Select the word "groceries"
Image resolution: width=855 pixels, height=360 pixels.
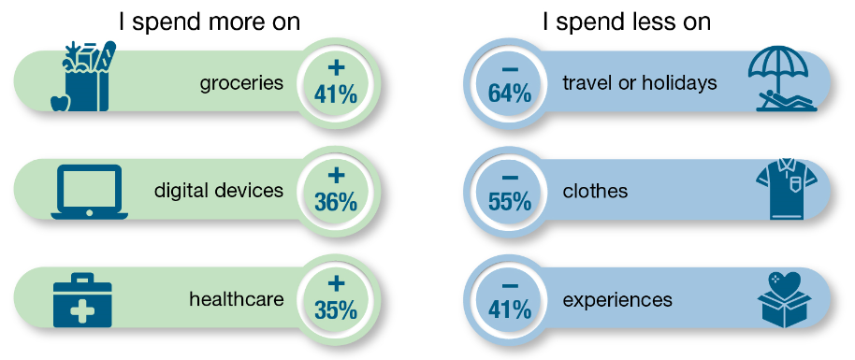click(241, 83)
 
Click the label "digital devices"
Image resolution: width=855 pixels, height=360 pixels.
click(219, 191)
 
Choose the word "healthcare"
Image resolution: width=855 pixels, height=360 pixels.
click(236, 299)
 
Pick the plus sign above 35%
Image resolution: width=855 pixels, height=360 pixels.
click(336, 282)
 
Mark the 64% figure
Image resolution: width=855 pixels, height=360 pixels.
click(510, 94)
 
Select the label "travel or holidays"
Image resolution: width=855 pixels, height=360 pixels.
click(640, 83)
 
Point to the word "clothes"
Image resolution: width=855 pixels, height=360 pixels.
click(595, 192)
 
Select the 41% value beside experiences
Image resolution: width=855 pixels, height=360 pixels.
click(510, 310)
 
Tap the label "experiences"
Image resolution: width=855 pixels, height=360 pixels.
click(617, 300)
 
